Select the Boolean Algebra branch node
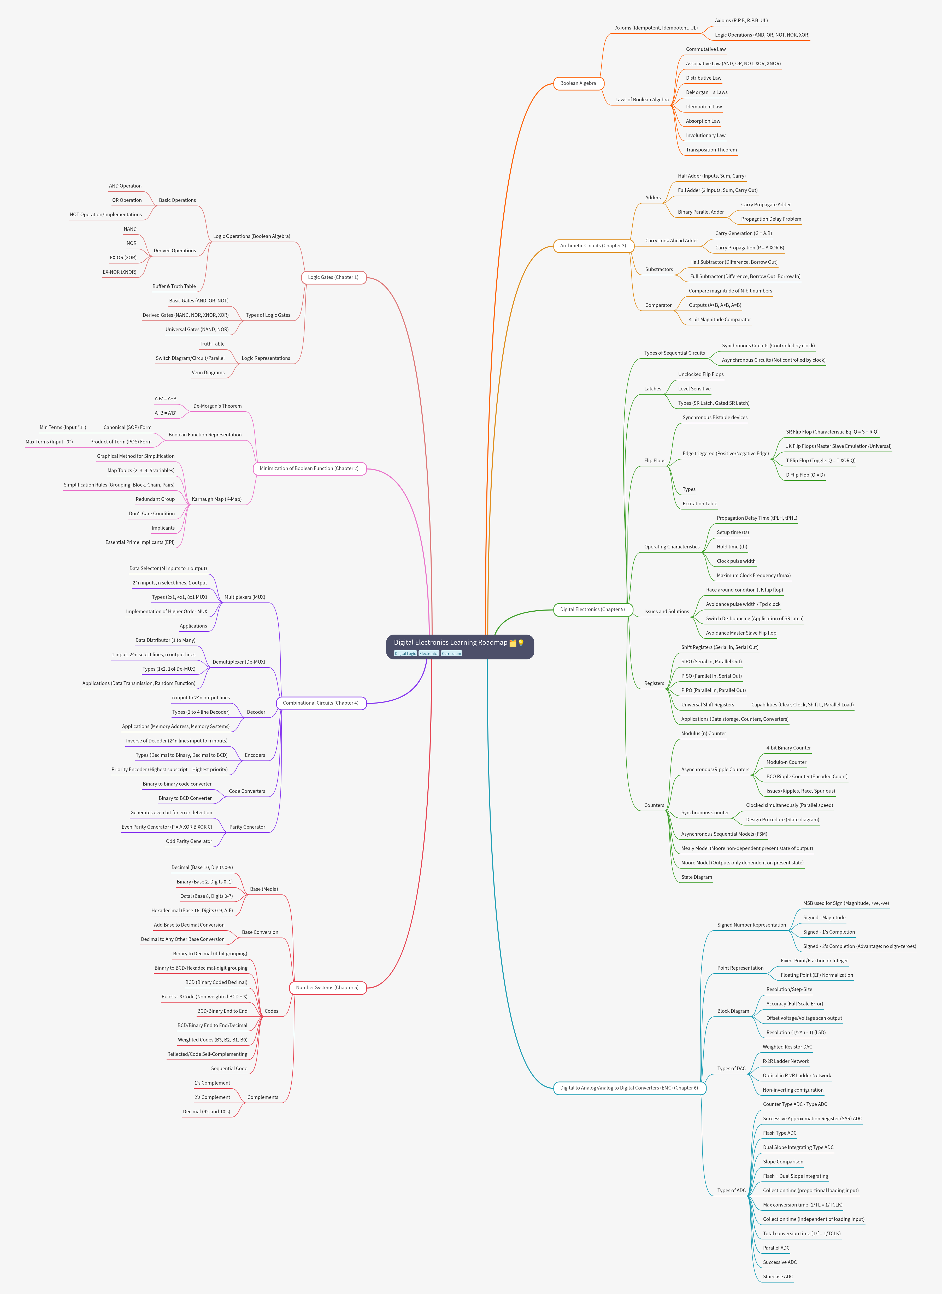point(578,83)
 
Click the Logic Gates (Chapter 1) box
point(333,277)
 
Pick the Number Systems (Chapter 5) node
point(327,988)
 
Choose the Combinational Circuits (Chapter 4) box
point(321,703)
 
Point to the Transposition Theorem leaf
point(711,150)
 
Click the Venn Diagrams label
point(208,373)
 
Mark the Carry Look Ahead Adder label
point(672,241)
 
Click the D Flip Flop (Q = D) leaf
point(805,475)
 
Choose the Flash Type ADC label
point(779,1133)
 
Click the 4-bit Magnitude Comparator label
point(720,319)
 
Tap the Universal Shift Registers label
point(708,705)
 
